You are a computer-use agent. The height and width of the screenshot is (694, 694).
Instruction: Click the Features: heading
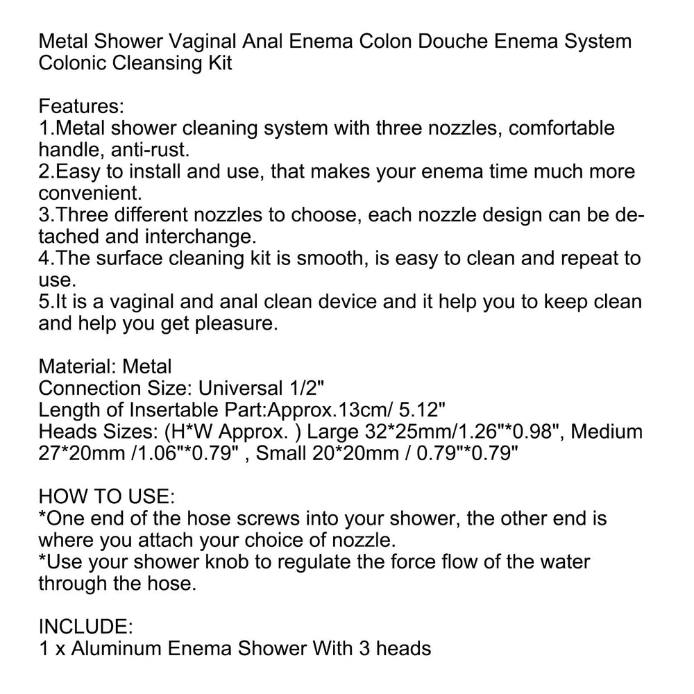click(x=81, y=106)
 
